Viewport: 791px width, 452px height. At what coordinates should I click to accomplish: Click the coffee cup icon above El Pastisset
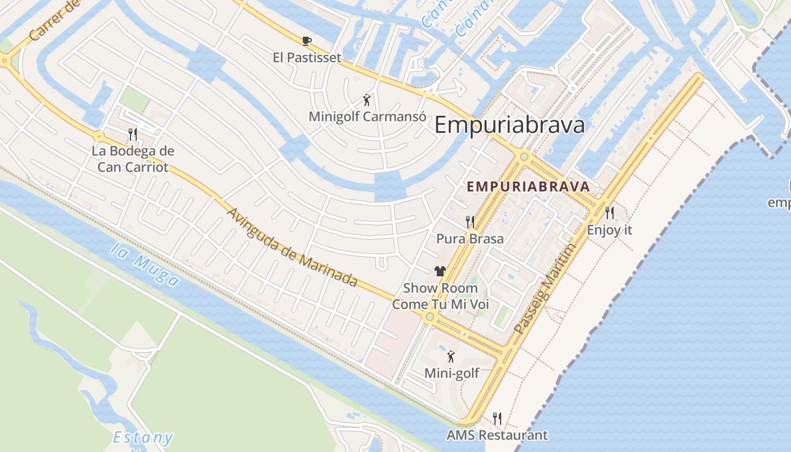click(x=307, y=41)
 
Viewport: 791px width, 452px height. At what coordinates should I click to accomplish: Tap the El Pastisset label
click(x=307, y=58)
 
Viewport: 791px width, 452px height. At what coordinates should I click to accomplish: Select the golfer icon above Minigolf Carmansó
click(x=367, y=101)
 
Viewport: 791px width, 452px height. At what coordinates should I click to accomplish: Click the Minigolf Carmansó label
click(x=367, y=117)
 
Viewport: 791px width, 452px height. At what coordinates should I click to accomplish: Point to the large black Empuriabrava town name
click(x=509, y=125)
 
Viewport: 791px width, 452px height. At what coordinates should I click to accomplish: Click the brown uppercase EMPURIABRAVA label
click(x=528, y=186)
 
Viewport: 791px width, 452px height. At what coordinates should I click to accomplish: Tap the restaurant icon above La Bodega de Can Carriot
click(x=133, y=134)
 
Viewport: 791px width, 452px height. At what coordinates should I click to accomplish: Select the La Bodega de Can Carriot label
click(x=133, y=159)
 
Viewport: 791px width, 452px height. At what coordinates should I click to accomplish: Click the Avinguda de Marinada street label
click(x=292, y=247)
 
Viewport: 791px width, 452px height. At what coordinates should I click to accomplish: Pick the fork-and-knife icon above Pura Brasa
click(x=470, y=221)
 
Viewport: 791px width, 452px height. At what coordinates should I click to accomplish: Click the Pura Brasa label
click(x=470, y=239)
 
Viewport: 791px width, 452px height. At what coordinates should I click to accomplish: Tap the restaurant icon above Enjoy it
click(x=609, y=213)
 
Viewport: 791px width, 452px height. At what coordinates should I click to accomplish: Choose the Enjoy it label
click(x=609, y=231)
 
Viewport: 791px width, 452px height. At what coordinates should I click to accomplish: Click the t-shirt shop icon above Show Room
click(x=440, y=271)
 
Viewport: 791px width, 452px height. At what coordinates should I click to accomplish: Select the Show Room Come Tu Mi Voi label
click(x=440, y=296)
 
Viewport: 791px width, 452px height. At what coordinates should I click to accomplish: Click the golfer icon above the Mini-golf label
click(x=451, y=357)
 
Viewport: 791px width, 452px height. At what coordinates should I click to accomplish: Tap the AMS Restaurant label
click(x=497, y=435)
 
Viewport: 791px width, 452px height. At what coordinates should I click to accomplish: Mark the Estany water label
click(x=142, y=438)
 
